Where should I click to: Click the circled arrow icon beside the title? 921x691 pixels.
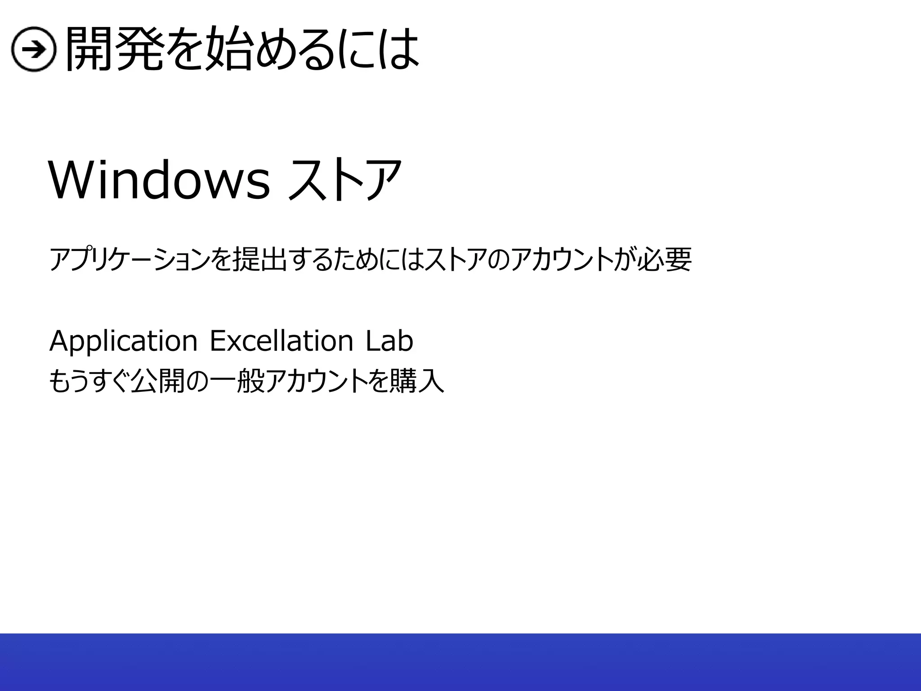click(33, 49)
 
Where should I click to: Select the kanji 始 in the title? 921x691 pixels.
click(228, 49)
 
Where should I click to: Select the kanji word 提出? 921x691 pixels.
click(259, 260)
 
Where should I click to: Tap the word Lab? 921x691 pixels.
click(389, 341)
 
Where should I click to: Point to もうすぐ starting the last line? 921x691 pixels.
click(88, 381)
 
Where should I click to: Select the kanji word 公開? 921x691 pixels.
click(157, 381)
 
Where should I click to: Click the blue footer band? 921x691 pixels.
click(460, 662)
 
